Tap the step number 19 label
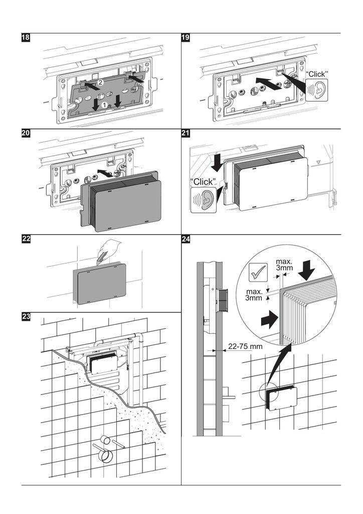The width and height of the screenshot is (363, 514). [x=186, y=38]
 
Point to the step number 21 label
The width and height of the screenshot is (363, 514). [x=186, y=134]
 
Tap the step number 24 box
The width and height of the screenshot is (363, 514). [x=186, y=239]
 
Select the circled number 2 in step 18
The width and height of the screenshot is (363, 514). [x=100, y=82]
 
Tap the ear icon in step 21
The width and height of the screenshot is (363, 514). [x=203, y=199]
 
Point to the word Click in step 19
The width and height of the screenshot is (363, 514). [x=317, y=74]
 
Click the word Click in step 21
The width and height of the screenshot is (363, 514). [x=203, y=181]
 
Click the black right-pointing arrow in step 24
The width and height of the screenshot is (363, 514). [x=268, y=318]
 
